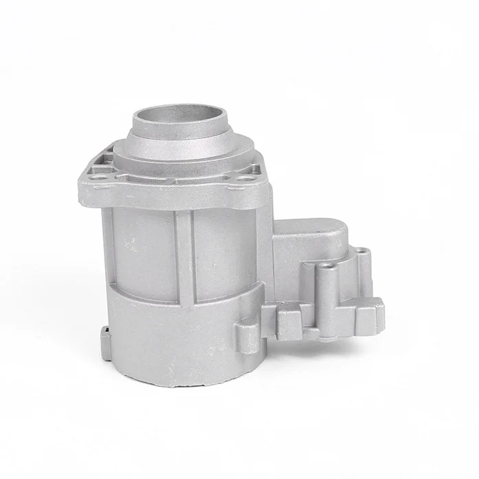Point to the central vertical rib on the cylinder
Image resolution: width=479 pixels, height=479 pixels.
pyautogui.click(x=183, y=254)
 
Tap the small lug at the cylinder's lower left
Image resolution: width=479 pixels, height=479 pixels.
pyautogui.click(x=105, y=337)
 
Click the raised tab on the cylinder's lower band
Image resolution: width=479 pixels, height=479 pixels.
pyautogui.click(x=247, y=335)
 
